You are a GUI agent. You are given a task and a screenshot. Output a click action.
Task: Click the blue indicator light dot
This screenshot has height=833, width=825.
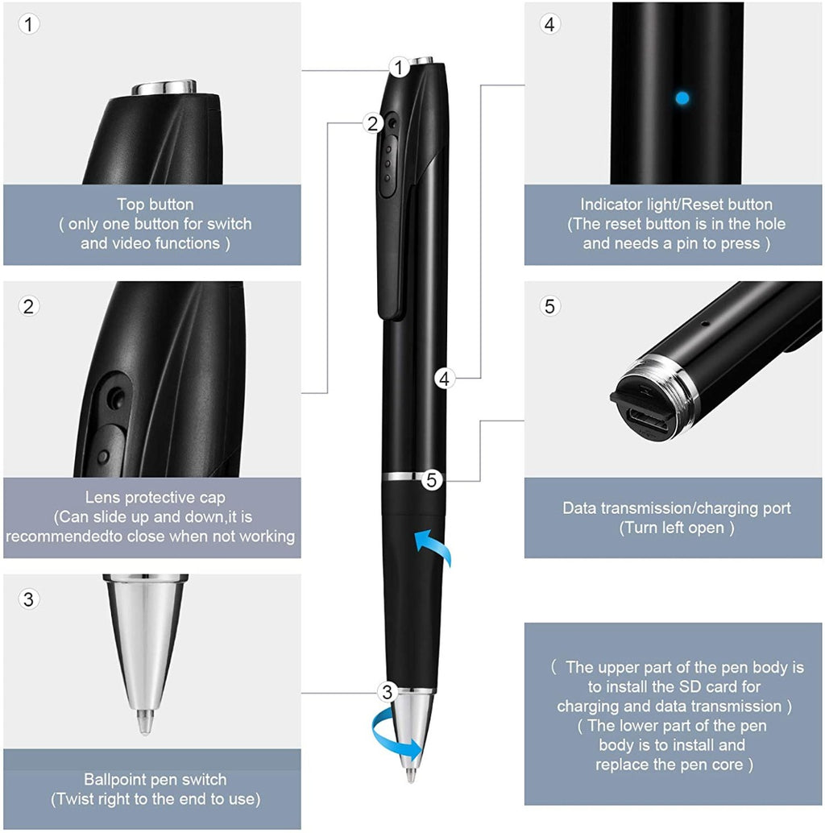[x=682, y=98]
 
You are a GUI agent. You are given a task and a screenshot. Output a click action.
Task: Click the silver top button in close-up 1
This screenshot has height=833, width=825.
[x=165, y=87]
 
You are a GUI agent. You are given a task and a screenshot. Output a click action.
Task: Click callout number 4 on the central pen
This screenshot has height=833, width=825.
[x=444, y=377]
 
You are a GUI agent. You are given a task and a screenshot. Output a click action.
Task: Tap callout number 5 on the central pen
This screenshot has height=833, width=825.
[x=433, y=481]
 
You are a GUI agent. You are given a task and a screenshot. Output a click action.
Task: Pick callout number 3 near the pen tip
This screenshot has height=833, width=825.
[x=388, y=691]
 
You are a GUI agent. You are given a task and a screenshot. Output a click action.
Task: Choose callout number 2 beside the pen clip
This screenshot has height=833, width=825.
[x=371, y=123]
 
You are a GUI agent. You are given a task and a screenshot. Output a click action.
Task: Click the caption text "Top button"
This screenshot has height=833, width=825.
[x=155, y=205]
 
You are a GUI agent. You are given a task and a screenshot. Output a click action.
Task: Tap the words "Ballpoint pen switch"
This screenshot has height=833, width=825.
[x=155, y=779]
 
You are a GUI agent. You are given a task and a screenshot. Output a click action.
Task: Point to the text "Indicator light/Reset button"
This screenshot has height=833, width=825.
[x=676, y=205]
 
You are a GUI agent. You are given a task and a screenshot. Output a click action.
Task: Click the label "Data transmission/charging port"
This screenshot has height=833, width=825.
[x=676, y=508]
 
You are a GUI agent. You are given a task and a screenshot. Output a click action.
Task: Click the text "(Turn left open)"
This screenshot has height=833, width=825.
[x=676, y=528]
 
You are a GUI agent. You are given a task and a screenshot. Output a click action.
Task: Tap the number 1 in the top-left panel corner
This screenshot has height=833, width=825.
[x=29, y=24]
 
